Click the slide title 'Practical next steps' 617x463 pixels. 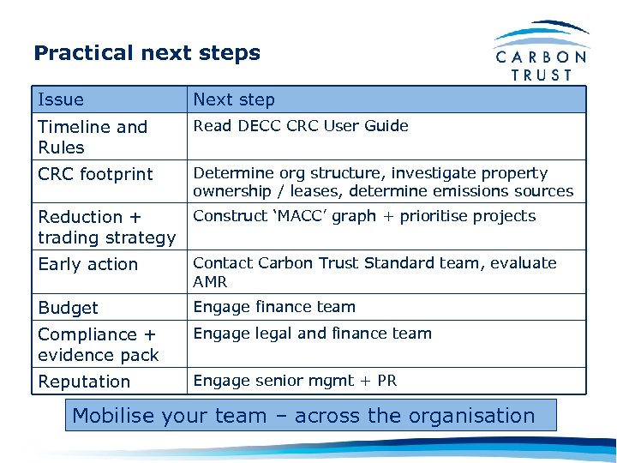(x=147, y=53)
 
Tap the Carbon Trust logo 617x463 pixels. (x=542, y=52)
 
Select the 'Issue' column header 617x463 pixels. (x=61, y=99)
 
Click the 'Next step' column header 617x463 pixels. (x=234, y=99)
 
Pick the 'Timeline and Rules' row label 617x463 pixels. (x=93, y=137)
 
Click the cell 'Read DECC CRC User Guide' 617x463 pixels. (x=301, y=126)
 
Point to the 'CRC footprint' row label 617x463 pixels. (x=95, y=174)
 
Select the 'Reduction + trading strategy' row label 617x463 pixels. (x=106, y=227)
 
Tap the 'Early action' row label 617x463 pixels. (x=87, y=264)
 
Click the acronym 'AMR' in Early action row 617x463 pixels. (x=209, y=281)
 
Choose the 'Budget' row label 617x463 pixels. (x=68, y=308)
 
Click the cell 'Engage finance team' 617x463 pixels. (x=274, y=307)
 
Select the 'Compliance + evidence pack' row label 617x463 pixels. (x=98, y=345)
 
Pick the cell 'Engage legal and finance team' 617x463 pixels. (x=312, y=334)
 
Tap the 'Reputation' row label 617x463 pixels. (x=84, y=382)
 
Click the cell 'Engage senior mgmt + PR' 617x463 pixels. (x=295, y=381)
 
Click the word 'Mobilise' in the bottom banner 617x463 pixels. (x=110, y=416)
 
